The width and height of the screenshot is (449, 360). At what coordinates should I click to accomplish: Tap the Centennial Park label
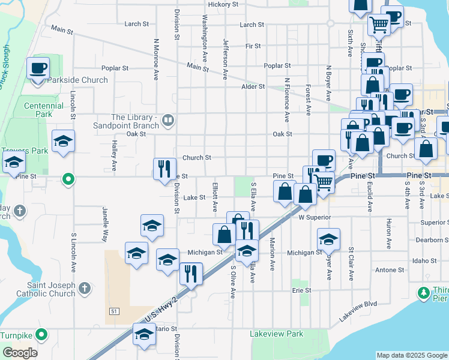pyautogui.click(x=44, y=109)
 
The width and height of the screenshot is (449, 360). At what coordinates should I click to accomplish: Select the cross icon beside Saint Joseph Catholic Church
pyautogui.click(x=85, y=289)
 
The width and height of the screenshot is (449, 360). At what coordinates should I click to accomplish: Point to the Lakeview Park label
pyautogui.click(x=277, y=334)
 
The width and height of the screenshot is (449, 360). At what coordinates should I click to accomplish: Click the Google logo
pyautogui.click(x=20, y=353)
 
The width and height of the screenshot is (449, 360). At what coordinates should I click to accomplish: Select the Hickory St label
pyautogui.click(x=223, y=4)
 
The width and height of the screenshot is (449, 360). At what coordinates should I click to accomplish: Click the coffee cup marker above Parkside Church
pyautogui.click(x=38, y=68)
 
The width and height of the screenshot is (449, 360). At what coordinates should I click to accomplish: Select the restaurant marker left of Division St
pyautogui.click(x=164, y=169)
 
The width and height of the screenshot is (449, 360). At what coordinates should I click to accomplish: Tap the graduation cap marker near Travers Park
pyautogui.click(x=63, y=142)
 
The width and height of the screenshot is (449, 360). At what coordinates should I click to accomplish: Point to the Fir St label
pyautogui.click(x=253, y=46)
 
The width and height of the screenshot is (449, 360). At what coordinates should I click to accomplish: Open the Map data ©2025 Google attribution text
pyautogui.click(x=411, y=355)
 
